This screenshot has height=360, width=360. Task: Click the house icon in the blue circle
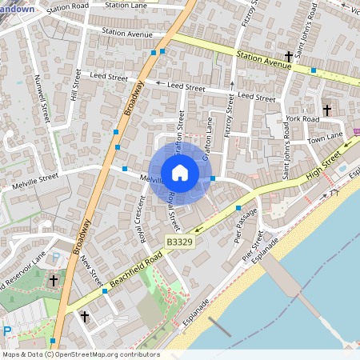[180, 172]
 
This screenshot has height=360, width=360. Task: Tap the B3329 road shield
[181, 241]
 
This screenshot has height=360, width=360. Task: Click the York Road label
[302, 118]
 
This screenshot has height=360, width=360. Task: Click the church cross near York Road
[326, 109]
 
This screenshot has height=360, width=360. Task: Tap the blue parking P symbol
[7, 331]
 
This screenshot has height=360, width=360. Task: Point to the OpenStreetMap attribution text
[80, 354]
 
